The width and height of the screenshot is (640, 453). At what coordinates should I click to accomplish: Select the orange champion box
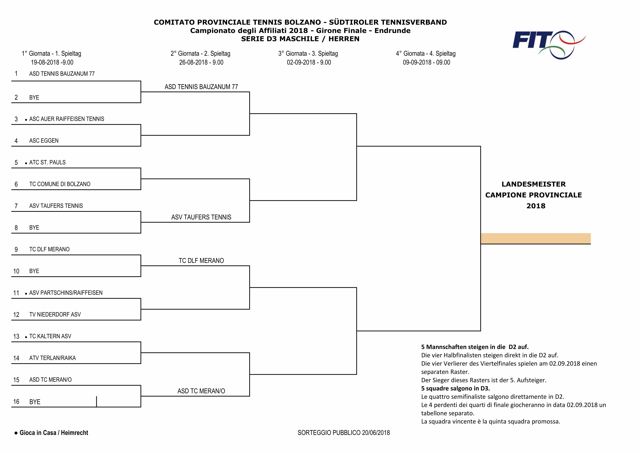[535, 238]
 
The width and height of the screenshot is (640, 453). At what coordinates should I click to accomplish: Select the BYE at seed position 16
[35, 402]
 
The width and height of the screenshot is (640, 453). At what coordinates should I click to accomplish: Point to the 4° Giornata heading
[426, 54]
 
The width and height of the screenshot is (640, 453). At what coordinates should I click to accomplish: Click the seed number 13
[16, 337]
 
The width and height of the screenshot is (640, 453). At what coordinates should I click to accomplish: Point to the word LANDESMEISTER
[534, 184]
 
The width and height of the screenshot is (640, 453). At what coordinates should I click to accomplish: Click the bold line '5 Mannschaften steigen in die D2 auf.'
[475, 347]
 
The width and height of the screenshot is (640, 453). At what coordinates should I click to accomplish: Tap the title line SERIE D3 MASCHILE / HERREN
[300, 39]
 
